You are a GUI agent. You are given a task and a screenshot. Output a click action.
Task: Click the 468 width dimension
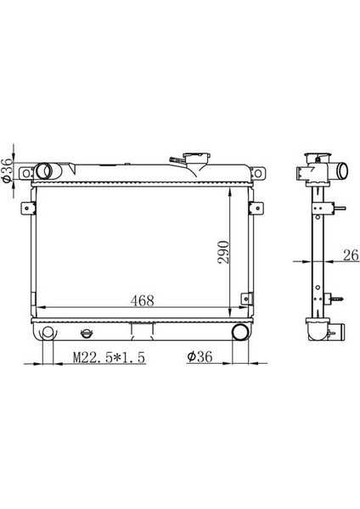(142, 300)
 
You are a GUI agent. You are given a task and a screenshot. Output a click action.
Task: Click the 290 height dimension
(223, 252)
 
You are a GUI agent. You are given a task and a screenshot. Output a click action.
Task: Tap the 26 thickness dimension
(351, 255)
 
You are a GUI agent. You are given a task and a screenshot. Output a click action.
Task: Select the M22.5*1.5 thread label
(110, 357)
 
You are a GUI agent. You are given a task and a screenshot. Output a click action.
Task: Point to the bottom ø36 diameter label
(200, 357)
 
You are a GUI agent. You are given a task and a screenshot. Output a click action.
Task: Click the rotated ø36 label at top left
(7, 171)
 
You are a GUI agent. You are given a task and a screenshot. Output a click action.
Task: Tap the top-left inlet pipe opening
(43, 171)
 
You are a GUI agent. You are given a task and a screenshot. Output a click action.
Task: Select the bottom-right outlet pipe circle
(240, 332)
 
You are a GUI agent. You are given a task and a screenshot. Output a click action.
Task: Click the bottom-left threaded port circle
(48, 332)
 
